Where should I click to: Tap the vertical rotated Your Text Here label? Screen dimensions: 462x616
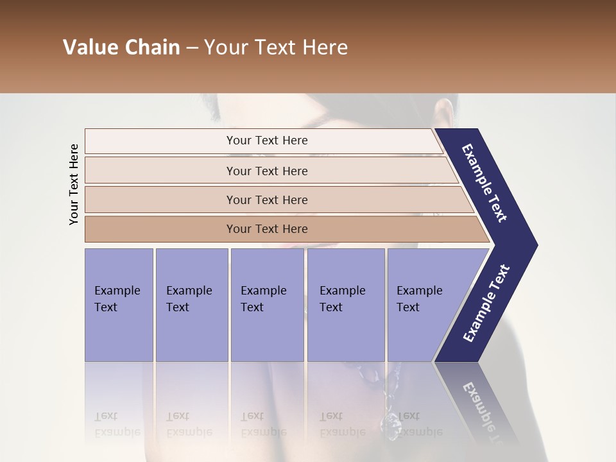pyautogui.click(x=74, y=184)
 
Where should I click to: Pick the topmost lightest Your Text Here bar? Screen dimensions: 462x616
pyautogui.click(x=266, y=141)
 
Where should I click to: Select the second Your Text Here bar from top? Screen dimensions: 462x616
pyautogui.click(x=266, y=171)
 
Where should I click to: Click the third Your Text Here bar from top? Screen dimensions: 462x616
pyautogui.click(x=266, y=200)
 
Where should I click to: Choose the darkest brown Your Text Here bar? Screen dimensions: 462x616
pyautogui.click(x=266, y=229)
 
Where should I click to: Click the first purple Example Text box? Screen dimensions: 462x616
pyautogui.click(x=119, y=305)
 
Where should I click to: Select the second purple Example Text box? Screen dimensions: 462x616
pyautogui.click(x=191, y=305)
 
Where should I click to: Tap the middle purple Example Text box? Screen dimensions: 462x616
pyautogui.click(x=267, y=305)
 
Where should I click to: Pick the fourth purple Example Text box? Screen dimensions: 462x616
pyautogui.click(x=345, y=305)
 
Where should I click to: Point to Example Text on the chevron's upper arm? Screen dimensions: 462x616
pyautogui.click(x=484, y=183)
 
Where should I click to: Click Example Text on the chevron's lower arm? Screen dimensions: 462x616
pyautogui.click(x=486, y=304)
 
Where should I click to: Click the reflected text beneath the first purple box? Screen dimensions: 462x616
pyautogui.click(x=117, y=424)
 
